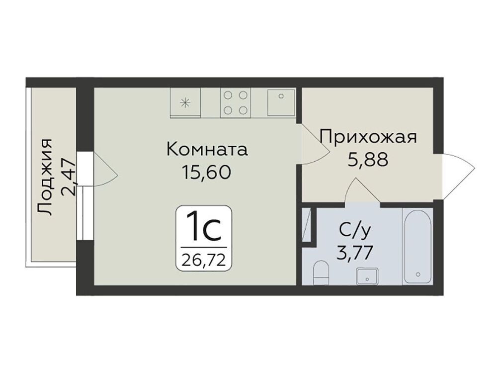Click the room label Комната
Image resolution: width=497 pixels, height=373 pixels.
click(x=207, y=149)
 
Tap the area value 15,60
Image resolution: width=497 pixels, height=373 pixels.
click(x=206, y=173)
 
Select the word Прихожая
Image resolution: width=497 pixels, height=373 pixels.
click(x=368, y=138)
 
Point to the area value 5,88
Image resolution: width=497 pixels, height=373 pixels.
click(x=368, y=160)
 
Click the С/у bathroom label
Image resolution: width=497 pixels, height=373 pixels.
click(x=354, y=231)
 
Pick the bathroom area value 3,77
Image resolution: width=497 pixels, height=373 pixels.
click(x=354, y=253)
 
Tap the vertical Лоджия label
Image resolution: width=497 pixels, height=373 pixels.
click(x=44, y=177)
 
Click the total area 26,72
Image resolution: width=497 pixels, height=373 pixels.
click(x=203, y=261)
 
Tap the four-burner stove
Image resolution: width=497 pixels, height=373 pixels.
click(x=236, y=102)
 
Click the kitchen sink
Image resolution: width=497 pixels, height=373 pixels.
click(x=281, y=102)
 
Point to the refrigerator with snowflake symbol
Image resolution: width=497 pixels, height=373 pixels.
click(x=185, y=102)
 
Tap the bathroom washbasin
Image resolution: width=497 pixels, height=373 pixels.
click(x=367, y=276)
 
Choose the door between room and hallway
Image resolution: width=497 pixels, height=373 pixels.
click(x=314, y=144)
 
